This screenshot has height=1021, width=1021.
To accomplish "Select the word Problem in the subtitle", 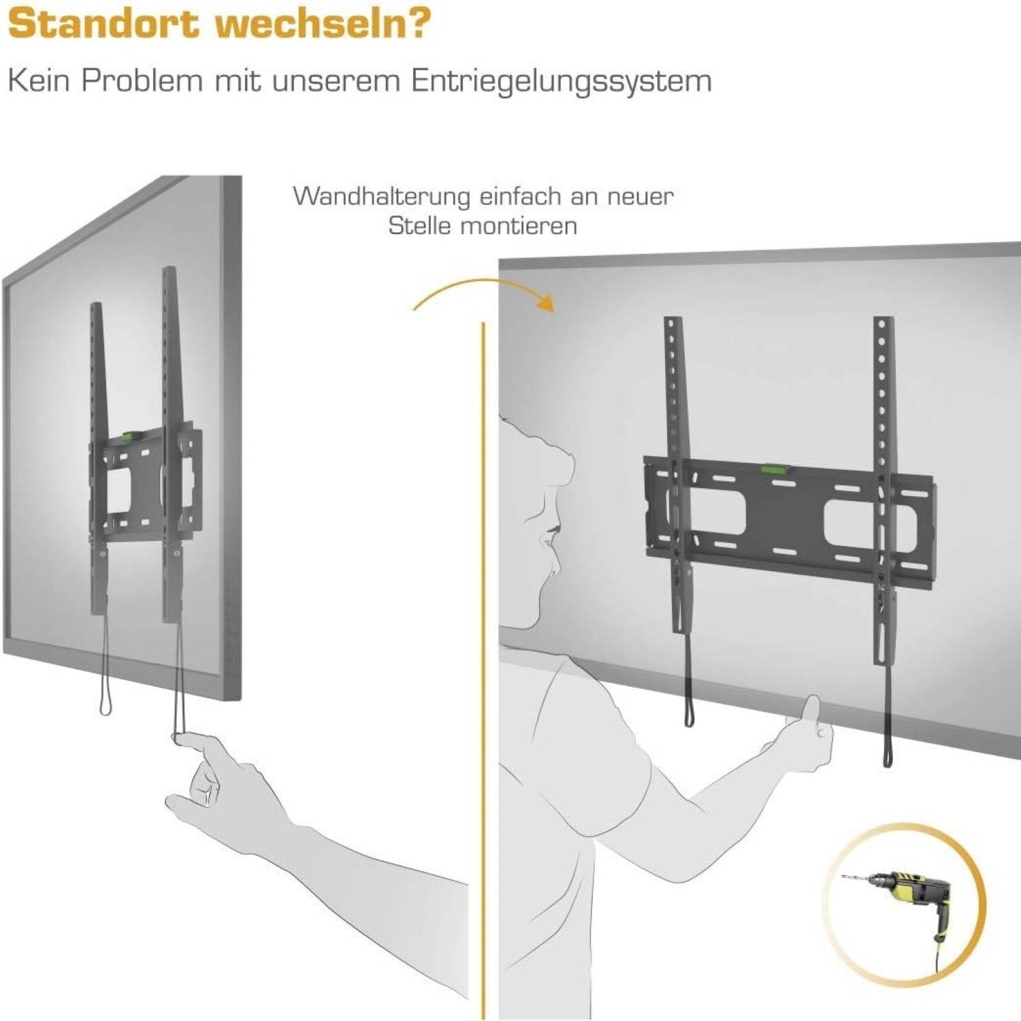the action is [142, 81].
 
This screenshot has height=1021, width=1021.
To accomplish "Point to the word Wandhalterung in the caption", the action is [382, 197].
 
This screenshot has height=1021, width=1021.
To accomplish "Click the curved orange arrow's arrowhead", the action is [545, 301].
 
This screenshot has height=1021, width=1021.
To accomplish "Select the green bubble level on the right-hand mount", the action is [772, 469].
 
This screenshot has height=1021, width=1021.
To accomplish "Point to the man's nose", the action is [546, 542].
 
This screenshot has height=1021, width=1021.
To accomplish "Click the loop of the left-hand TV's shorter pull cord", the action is [106, 704].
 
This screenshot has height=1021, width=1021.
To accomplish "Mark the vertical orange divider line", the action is [483, 670].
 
